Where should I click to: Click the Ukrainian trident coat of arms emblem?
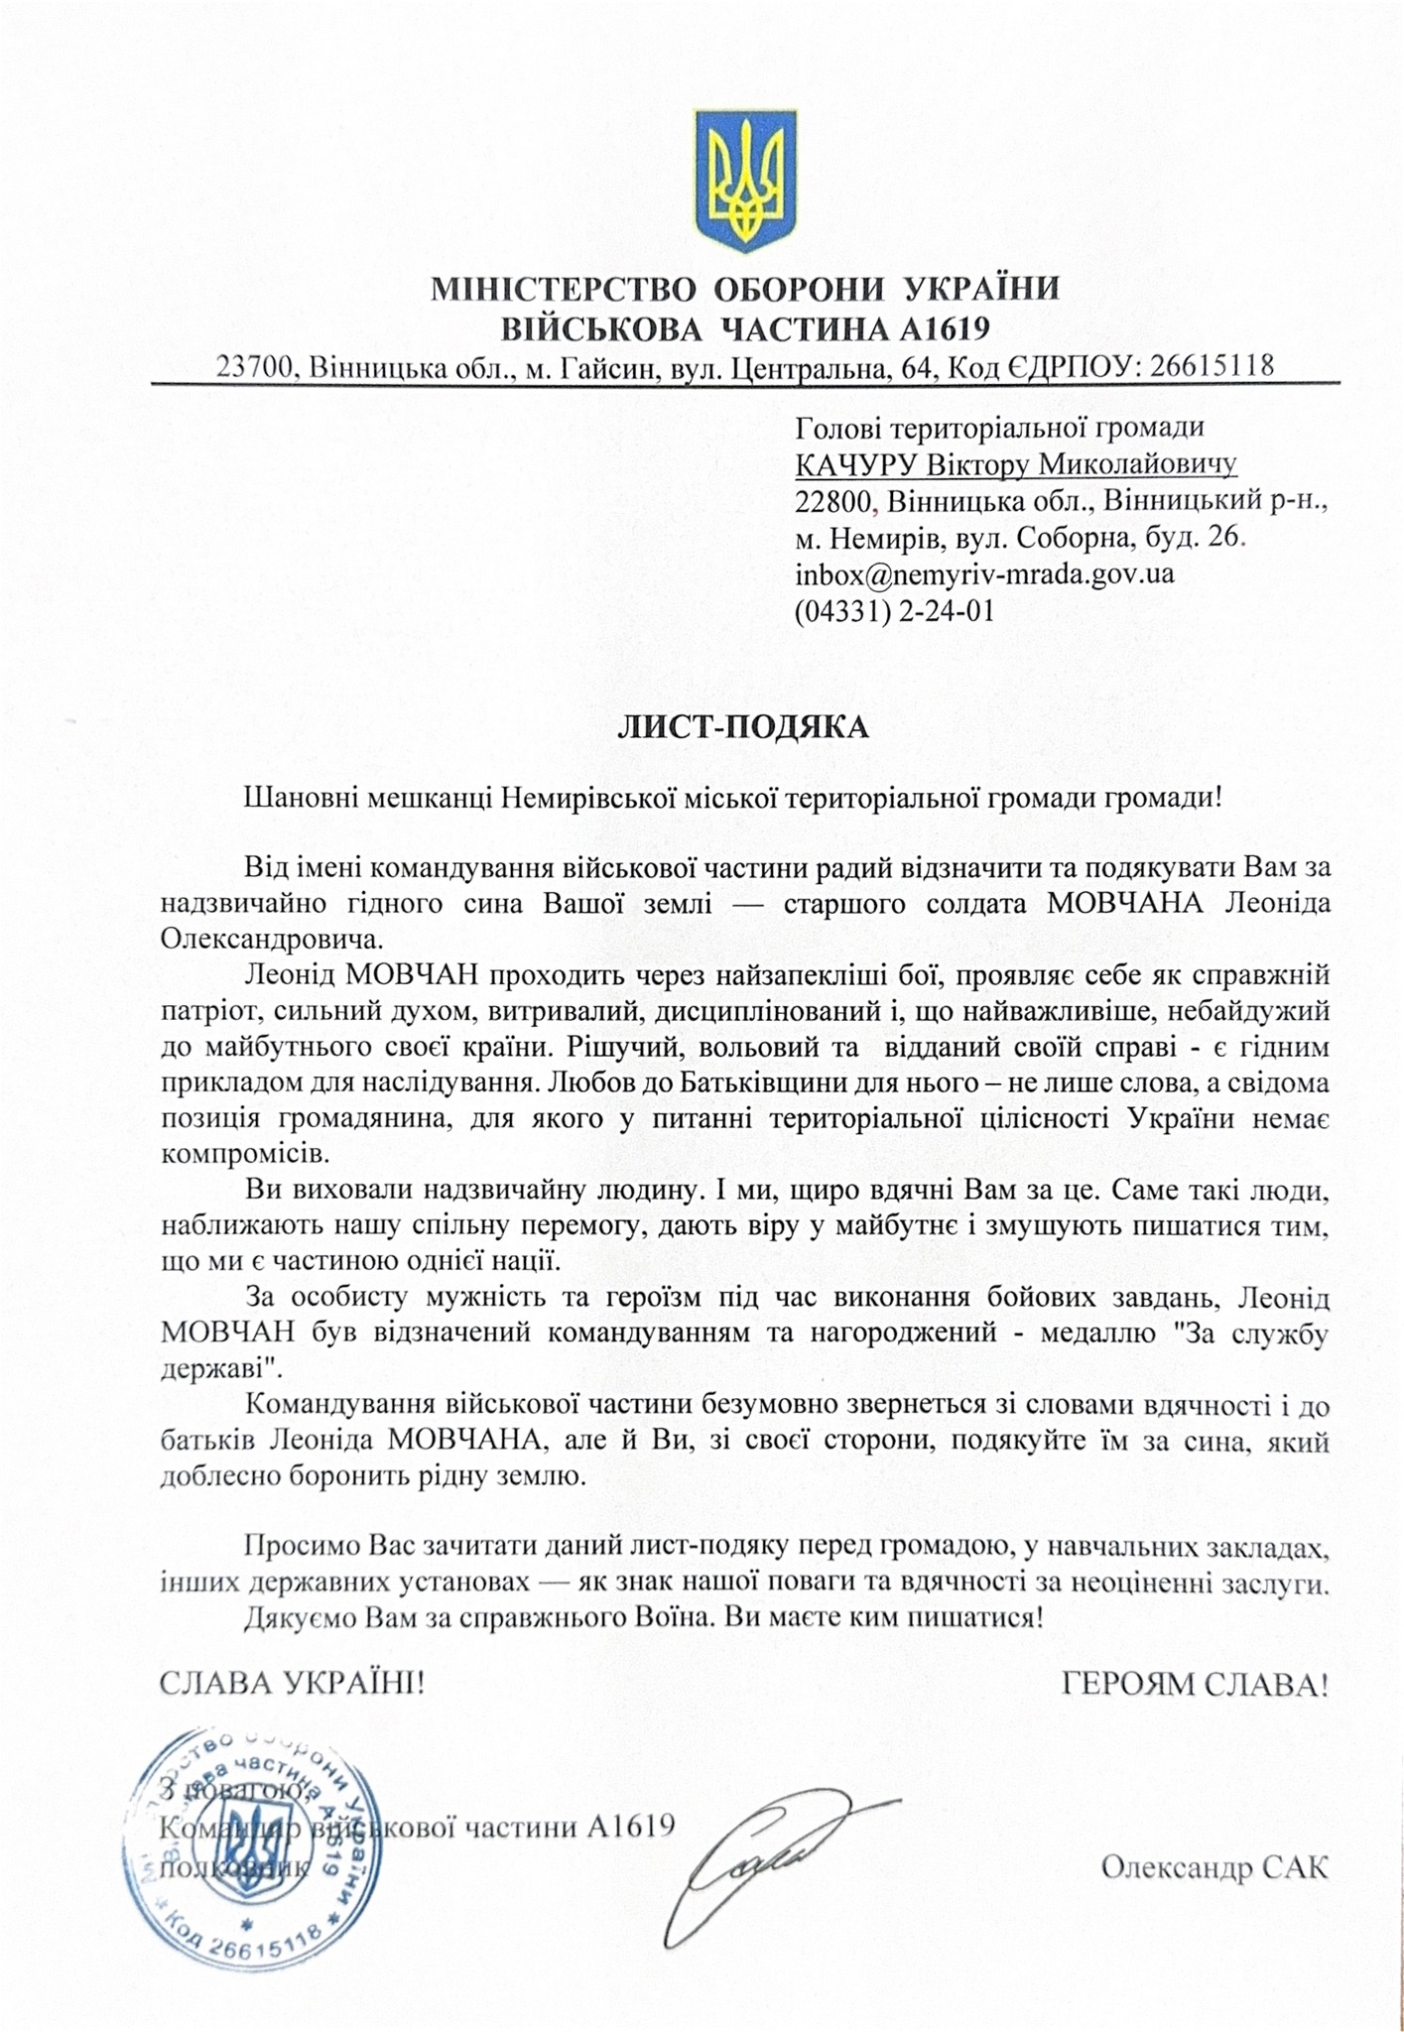(x=744, y=179)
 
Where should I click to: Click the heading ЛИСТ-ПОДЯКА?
(x=743, y=727)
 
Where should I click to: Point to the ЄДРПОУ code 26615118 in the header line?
(x=1212, y=366)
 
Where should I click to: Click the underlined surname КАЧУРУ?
(x=856, y=464)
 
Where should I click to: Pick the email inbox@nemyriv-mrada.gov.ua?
(x=984, y=573)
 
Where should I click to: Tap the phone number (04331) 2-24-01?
(x=894, y=610)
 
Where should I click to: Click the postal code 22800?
(x=834, y=501)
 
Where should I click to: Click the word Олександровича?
(x=268, y=937)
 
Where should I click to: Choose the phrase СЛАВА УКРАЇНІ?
(x=292, y=1684)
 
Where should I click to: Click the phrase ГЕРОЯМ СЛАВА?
(x=1195, y=1684)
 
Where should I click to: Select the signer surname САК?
(x=1295, y=1868)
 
